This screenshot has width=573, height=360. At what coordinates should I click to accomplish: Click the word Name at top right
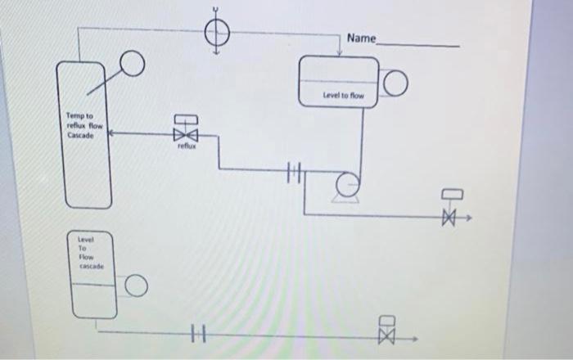(x=361, y=38)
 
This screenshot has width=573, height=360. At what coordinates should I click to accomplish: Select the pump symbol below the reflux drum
(x=347, y=183)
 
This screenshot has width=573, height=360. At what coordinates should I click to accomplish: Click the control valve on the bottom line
(x=388, y=335)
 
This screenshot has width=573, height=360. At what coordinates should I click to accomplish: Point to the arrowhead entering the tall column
(x=112, y=131)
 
